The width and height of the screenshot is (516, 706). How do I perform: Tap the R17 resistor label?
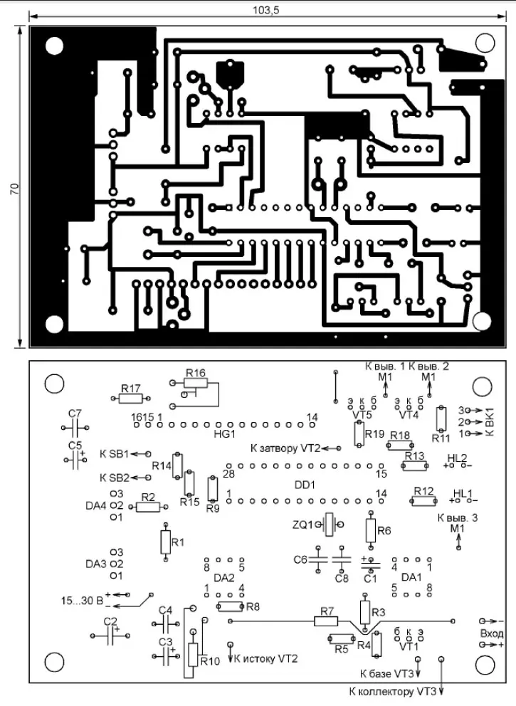click(x=130, y=388)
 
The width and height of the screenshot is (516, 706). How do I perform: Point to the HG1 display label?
click(x=224, y=433)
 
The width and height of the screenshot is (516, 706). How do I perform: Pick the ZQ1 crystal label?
click(x=302, y=525)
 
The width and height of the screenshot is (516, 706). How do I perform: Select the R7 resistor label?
click(x=327, y=611)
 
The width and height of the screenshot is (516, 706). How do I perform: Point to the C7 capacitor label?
click(x=75, y=413)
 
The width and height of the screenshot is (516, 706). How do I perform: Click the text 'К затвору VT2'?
click(x=285, y=449)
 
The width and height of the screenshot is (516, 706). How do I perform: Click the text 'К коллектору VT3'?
click(x=392, y=691)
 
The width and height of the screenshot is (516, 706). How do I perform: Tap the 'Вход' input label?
click(x=492, y=633)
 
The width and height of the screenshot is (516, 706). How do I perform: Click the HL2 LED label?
click(x=457, y=457)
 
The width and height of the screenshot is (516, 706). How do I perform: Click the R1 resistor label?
click(x=179, y=542)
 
